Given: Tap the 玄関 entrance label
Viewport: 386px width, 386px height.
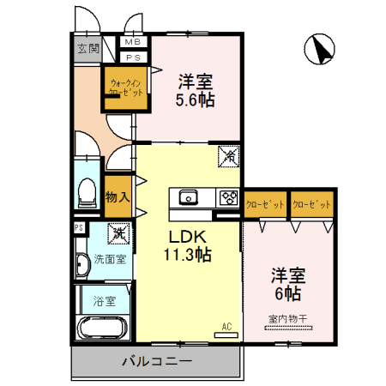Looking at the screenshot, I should pyautogui.click(x=87, y=49).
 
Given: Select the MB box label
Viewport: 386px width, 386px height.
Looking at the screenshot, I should pyautogui.click(x=133, y=42).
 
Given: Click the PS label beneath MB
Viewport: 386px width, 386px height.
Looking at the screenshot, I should pyautogui.click(x=133, y=57).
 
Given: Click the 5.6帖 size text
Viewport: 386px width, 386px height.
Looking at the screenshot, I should pyautogui.click(x=196, y=99).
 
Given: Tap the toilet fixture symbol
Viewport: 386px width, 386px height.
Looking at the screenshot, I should pyautogui.click(x=87, y=193).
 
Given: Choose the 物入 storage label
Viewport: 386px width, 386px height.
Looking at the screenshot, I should pyautogui.click(x=118, y=196).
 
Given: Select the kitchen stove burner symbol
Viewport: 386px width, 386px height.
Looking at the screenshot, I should pyautogui.click(x=228, y=197).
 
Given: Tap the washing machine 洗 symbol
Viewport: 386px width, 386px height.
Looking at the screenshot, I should pyautogui.click(x=117, y=232).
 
